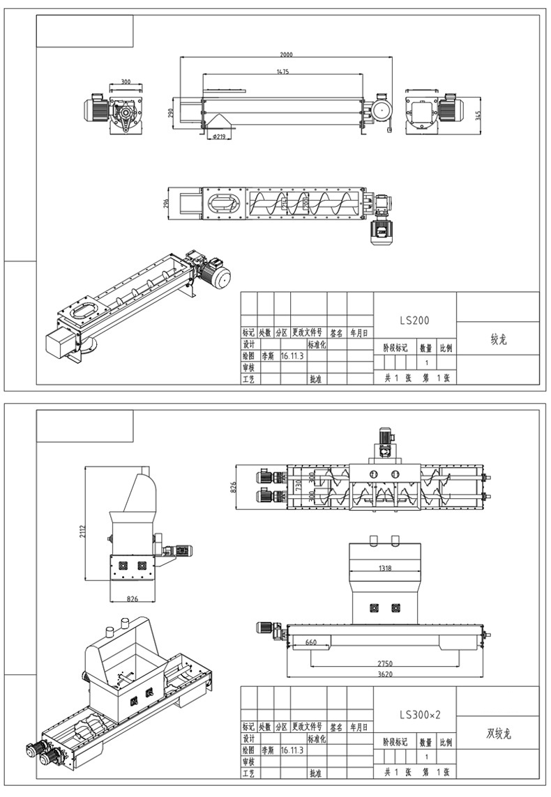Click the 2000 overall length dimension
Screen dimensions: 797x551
click(286, 54)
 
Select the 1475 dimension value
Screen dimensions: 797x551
click(282, 71)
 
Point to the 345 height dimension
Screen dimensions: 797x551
click(478, 115)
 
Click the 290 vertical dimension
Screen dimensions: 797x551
click(170, 114)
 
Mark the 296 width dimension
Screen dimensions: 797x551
click(165, 203)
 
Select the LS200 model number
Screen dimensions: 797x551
click(414, 321)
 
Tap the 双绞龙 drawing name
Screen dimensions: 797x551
click(498, 734)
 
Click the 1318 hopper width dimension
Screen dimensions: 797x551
click(384, 568)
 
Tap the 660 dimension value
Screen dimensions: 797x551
click(311, 642)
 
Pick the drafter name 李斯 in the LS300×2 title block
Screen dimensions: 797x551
click(267, 750)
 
